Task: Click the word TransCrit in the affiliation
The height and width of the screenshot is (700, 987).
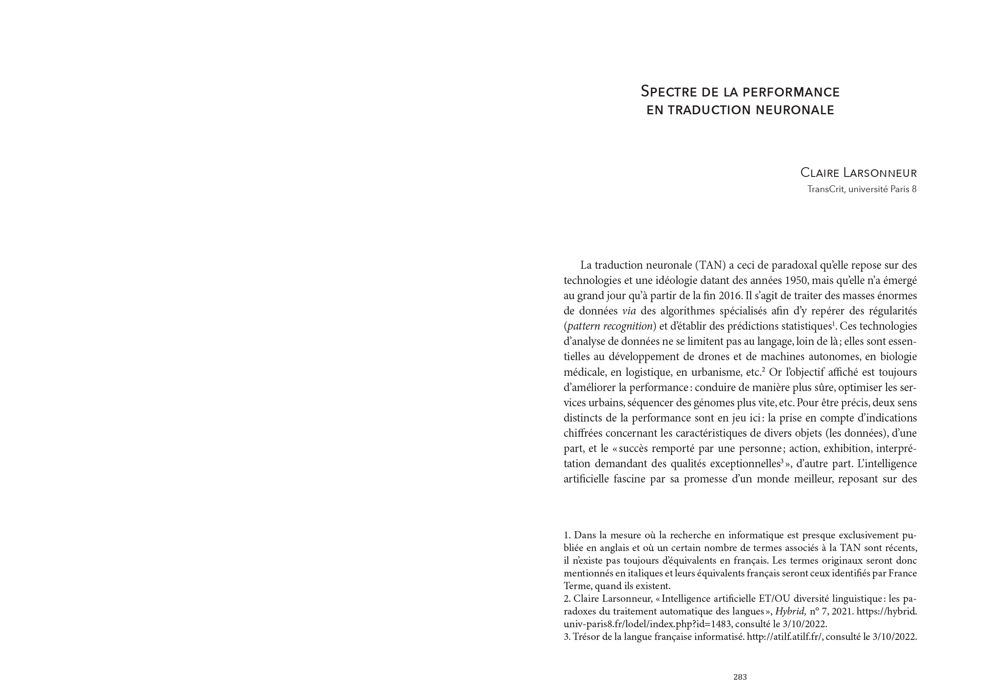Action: pos(826,189)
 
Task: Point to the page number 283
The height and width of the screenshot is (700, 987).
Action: pos(740,677)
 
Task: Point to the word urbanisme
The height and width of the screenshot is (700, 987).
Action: pos(738,372)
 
